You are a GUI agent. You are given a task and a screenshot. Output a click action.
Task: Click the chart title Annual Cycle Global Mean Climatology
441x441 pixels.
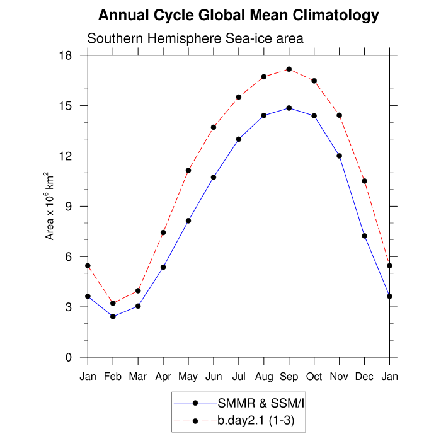coord(239,15)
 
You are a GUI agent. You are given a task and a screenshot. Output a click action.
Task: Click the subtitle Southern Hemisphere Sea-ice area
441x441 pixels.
coord(195,38)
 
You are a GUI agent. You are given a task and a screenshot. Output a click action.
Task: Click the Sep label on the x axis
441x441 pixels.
coord(289,377)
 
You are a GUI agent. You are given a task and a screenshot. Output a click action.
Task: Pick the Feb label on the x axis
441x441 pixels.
coord(113,377)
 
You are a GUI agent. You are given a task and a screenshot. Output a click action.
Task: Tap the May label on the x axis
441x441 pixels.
coord(188,377)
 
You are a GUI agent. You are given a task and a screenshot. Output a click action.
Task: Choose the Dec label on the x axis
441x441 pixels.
coord(364,377)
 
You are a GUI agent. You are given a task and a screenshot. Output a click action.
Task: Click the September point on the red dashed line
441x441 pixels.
coord(289,69)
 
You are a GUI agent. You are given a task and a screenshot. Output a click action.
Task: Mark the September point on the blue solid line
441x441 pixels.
coord(289,108)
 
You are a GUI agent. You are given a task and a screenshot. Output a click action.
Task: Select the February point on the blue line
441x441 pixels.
coord(113,316)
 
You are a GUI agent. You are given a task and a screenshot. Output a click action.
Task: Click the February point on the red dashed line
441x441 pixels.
coord(113,303)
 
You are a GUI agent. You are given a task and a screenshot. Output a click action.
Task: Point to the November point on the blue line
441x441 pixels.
coord(339,156)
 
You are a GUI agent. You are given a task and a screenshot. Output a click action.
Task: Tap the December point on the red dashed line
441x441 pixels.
coord(364,181)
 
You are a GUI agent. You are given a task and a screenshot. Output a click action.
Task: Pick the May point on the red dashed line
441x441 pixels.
coord(188,170)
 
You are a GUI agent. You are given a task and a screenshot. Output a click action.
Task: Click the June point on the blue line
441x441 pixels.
coord(214,177)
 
